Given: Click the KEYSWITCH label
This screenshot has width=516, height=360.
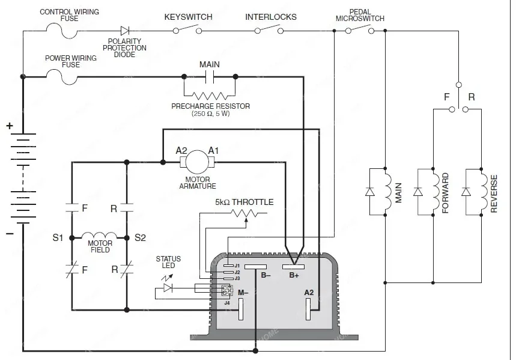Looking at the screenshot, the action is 188,17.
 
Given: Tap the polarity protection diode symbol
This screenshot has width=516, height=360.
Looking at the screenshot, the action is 125,31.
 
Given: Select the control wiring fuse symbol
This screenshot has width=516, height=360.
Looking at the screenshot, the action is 62,31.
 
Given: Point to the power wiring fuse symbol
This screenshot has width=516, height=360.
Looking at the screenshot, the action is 62,77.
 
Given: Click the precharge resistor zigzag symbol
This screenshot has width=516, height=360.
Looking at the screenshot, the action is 210,96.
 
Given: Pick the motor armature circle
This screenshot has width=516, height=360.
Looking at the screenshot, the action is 197,162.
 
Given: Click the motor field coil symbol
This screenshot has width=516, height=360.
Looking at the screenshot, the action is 99,235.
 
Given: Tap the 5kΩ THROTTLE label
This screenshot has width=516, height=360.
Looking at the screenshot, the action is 244,202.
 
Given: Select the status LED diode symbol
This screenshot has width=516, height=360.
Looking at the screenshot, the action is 168,288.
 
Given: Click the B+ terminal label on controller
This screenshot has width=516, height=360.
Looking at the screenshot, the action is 294,275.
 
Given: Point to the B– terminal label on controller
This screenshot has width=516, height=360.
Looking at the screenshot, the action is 266,275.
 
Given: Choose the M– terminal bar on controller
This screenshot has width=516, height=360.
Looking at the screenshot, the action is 241,309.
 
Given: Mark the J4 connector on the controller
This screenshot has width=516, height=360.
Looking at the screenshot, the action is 226,290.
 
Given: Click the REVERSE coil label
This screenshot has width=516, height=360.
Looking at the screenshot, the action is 494,194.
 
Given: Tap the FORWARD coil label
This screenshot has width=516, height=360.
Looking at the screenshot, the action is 445,193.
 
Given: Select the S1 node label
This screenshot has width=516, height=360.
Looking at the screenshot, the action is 58,237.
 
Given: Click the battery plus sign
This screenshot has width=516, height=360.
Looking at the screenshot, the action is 10,126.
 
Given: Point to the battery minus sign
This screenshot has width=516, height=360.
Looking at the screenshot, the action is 10,234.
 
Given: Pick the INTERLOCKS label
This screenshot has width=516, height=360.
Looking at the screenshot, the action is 271,17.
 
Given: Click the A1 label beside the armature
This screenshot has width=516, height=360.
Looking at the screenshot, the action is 213,150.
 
